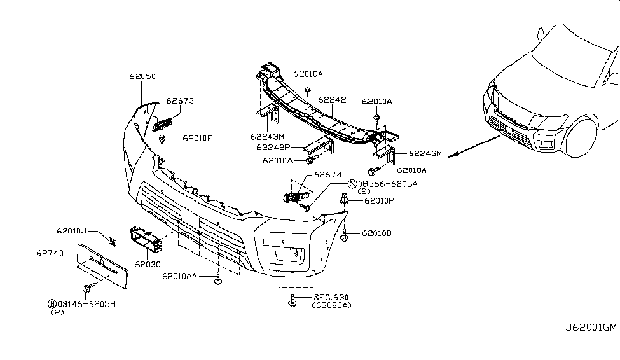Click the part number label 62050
click(142, 76)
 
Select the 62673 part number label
click(180, 101)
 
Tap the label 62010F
click(198, 138)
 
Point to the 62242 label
click(332, 100)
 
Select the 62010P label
click(380, 201)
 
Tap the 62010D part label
click(377, 233)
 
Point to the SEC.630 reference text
click(331, 298)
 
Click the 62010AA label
click(179, 277)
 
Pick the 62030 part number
click(147, 263)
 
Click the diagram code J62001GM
click(591, 328)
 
